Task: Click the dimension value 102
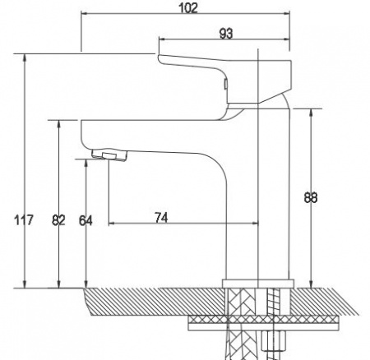pos(188,8)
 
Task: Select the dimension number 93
pos(226,34)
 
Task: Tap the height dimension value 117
pos(24,220)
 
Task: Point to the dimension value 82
pos(58,220)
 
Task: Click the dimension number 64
pos(86,220)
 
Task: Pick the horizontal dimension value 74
pos(161,218)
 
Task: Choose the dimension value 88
pos(311,197)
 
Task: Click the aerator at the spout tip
pos(110,155)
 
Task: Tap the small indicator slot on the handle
pos(226,84)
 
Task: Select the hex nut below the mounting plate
pos(274,340)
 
